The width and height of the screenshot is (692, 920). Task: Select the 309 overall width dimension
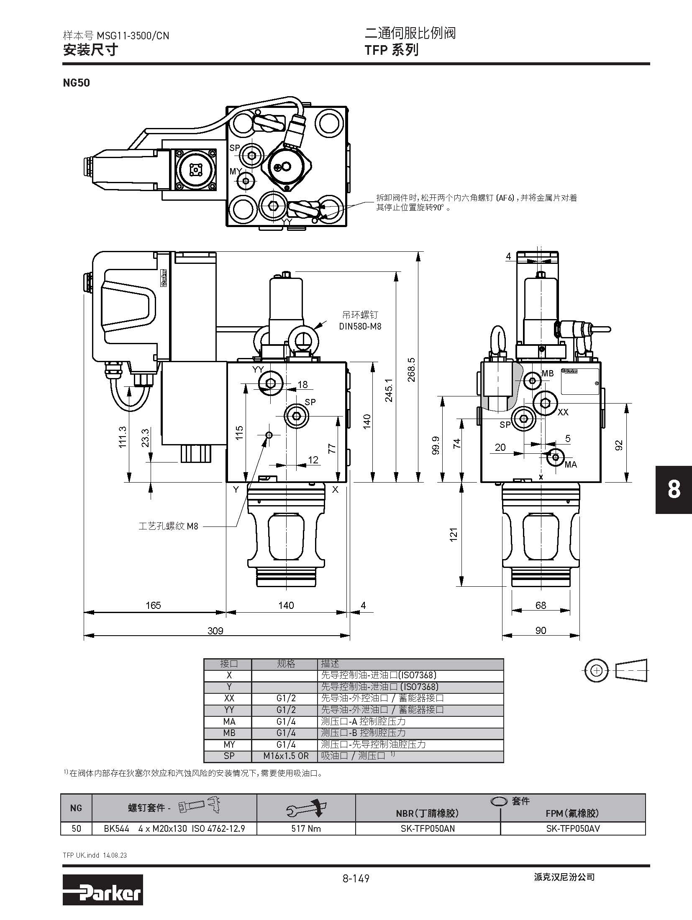point(215,631)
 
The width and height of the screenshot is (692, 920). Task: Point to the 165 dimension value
point(153,605)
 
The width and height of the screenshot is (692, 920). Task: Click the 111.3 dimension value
point(122,437)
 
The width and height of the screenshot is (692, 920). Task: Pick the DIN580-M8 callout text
point(360,326)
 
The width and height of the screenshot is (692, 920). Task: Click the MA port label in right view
point(571,465)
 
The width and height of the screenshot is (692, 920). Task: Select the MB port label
point(548,373)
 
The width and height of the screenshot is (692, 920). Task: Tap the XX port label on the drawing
point(563,412)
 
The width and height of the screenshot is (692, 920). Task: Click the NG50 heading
point(76,82)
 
